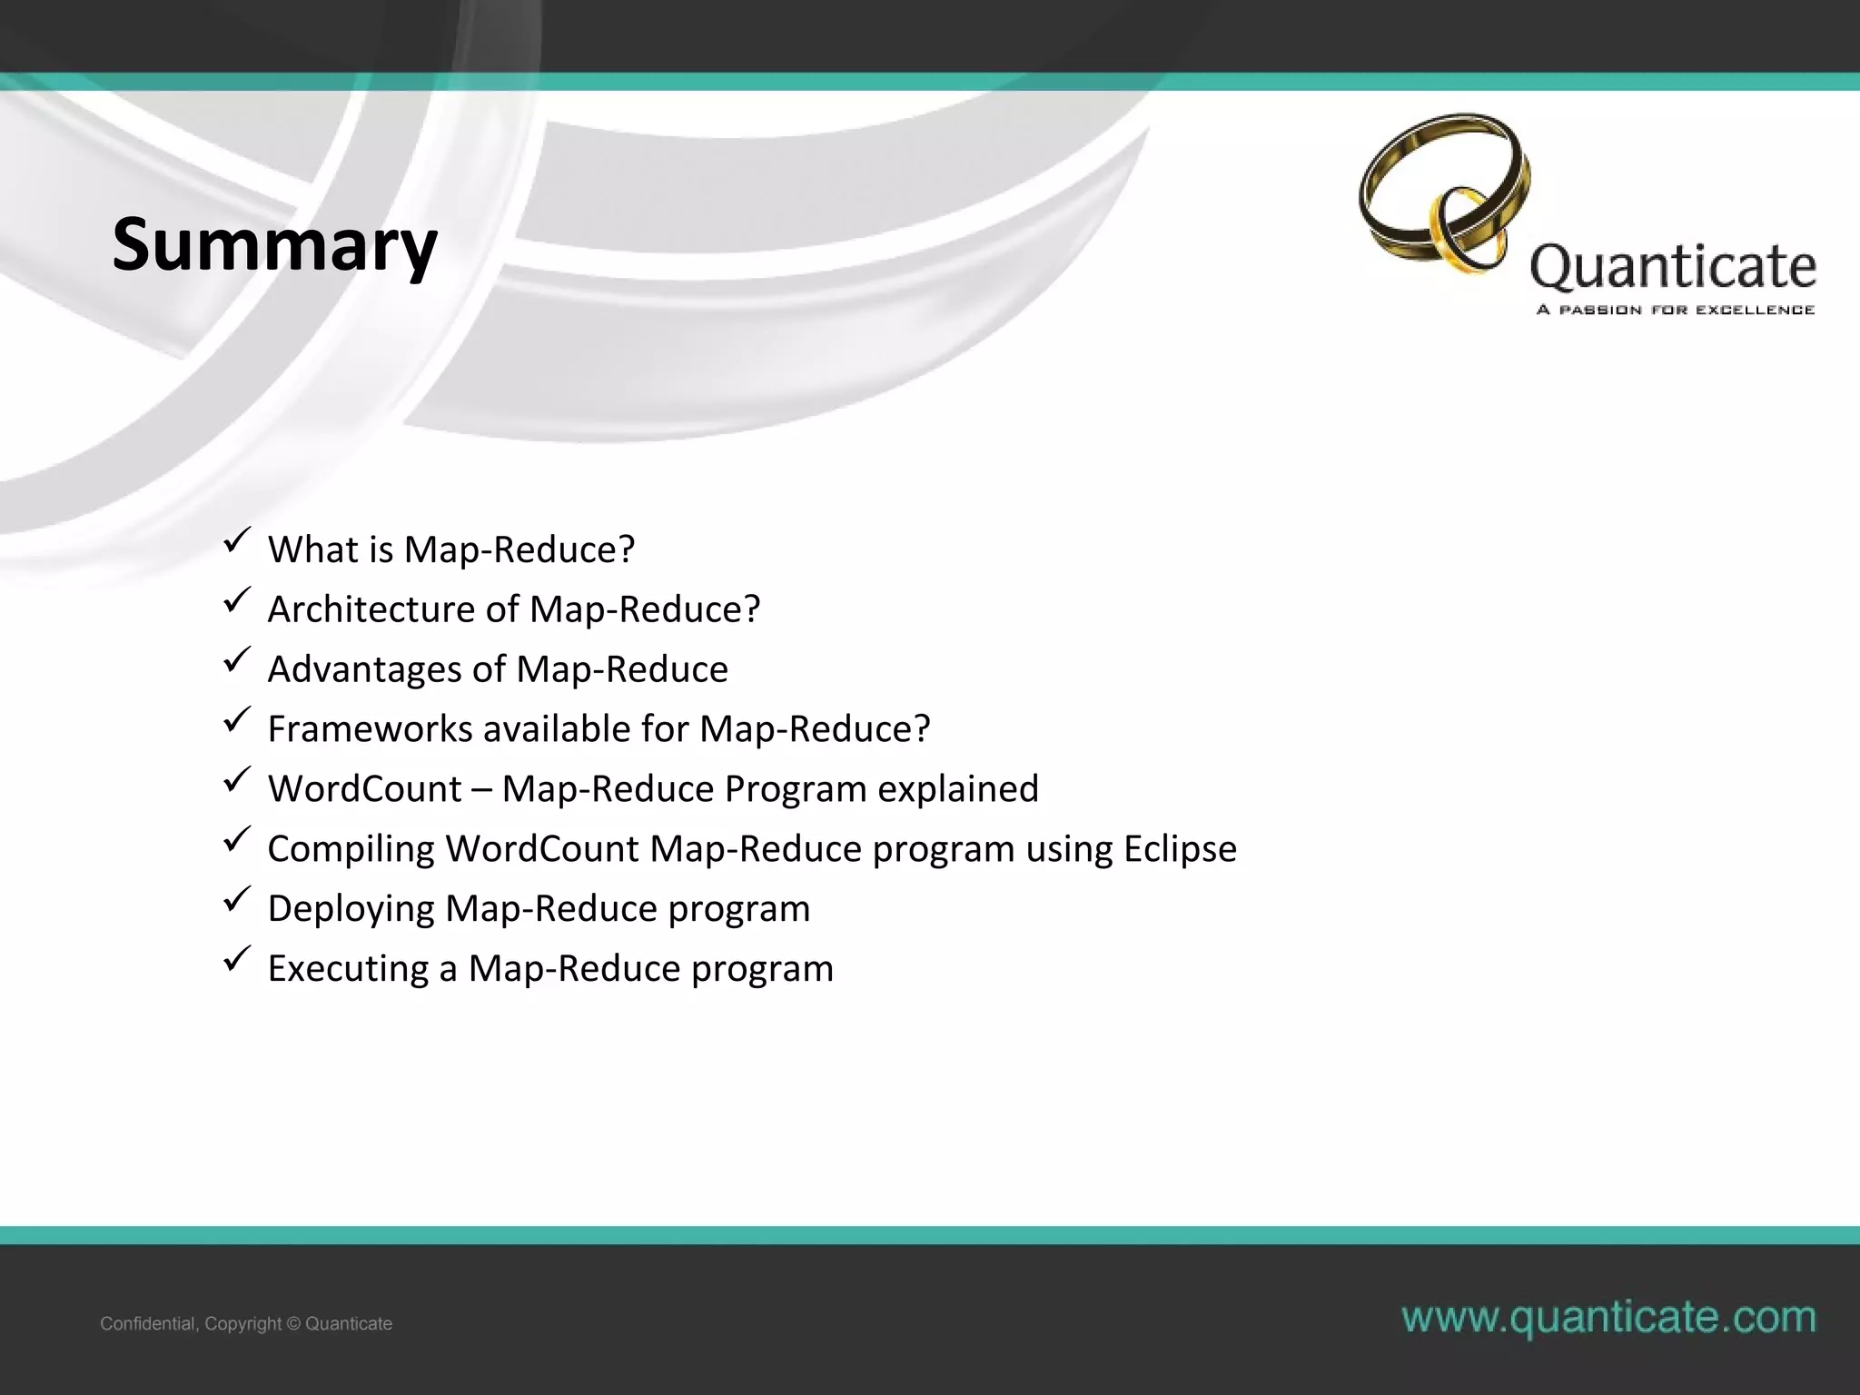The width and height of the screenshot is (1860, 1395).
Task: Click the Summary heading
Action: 274,245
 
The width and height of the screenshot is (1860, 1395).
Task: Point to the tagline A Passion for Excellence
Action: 1675,310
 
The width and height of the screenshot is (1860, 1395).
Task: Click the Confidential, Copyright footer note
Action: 246,1323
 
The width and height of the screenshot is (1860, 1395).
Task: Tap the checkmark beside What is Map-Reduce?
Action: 235,542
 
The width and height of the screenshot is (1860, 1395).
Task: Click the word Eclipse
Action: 1180,849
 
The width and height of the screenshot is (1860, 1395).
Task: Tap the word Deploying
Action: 351,909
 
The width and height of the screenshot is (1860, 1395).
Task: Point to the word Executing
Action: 348,969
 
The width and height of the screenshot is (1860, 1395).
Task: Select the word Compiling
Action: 351,849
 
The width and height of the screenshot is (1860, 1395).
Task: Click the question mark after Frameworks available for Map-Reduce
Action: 922,729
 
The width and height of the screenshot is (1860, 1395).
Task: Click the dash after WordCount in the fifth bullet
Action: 481,790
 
